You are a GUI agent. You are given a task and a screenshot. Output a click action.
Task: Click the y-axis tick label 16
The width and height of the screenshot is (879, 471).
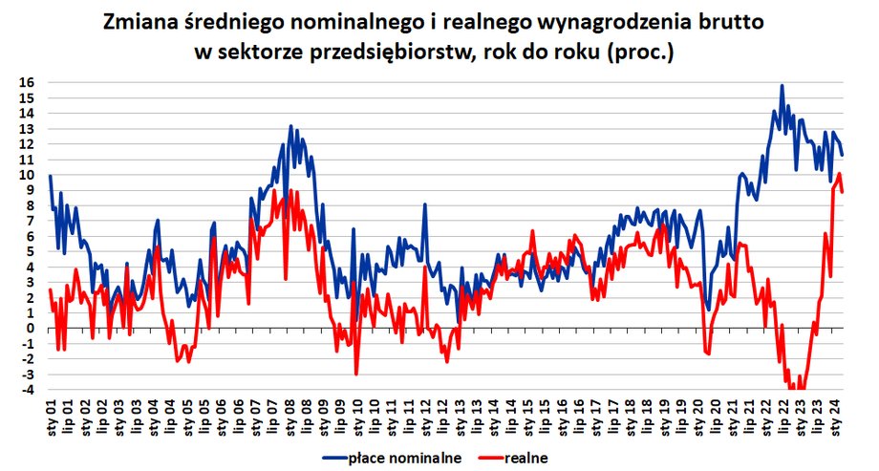tap(28, 83)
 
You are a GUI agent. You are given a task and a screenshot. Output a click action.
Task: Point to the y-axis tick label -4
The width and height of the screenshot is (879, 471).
tap(28, 390)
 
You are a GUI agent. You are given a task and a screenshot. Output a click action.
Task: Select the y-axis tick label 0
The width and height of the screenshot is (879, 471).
tap(31, 329)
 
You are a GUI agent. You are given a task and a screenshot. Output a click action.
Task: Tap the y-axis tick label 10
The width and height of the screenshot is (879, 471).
tap(28, 175)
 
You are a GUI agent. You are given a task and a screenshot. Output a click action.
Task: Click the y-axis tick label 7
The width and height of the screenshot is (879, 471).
tap(31, 221)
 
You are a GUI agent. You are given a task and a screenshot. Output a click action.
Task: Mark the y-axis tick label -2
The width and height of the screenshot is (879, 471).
tap(28, 359)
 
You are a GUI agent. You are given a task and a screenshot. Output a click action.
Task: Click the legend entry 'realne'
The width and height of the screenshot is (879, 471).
tap(526, 458)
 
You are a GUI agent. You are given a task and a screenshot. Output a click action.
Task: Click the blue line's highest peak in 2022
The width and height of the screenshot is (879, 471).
tap(782, 86)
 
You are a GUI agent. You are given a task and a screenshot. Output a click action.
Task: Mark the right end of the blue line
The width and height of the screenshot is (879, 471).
tap(842, 154)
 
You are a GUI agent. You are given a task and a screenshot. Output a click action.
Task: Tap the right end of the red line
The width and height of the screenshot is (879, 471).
tap(842, 192)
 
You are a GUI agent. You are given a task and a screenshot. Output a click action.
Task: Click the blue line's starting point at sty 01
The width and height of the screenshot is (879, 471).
tap(50, 176)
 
